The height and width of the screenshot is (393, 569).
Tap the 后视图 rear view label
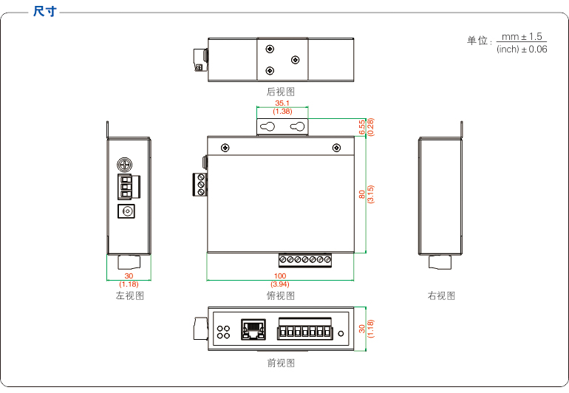coord(281,92)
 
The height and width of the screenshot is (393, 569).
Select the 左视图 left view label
coord(129,295)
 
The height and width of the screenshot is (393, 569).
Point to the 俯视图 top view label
coord(281,295)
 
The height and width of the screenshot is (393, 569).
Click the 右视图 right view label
coord(441,295)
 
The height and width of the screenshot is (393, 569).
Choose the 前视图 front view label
coord(281,363)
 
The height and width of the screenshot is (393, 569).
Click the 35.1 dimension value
coord(282,103)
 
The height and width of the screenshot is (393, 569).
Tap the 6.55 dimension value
coord(362,127)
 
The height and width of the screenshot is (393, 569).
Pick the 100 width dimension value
coord(280,276)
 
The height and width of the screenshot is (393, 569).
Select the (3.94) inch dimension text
coord(280,284)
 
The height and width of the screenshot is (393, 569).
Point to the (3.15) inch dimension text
coord(370,194)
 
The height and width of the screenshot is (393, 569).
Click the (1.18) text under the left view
coord(129,284)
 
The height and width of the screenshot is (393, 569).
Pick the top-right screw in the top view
coord(337,148)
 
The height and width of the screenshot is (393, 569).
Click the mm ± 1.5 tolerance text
coord(522,36)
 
